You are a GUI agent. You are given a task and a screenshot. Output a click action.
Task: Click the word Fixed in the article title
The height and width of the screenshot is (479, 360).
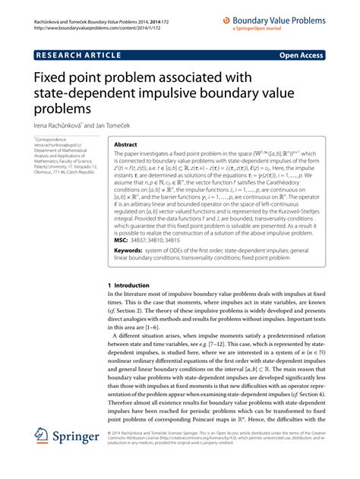pyautogui.click(x=52, y=79)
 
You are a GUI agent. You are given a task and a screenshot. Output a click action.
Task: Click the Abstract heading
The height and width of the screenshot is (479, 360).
pyautogui.click(x=126, y=143)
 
